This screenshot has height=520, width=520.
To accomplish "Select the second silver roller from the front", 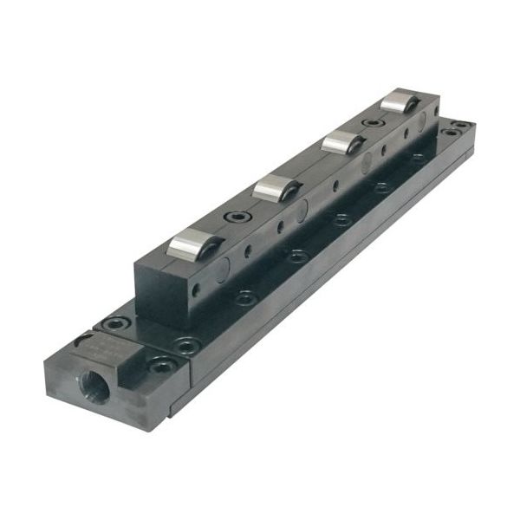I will pyautogui.click(x=276, y=186).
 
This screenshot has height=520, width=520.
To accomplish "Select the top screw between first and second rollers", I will pyautogui.click(x=235, y=217).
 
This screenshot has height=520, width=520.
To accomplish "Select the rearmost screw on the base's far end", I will pyautogui.click(x=465, y=126).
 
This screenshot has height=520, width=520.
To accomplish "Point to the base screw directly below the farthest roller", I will pyautogui.click(x=419, y=158).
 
